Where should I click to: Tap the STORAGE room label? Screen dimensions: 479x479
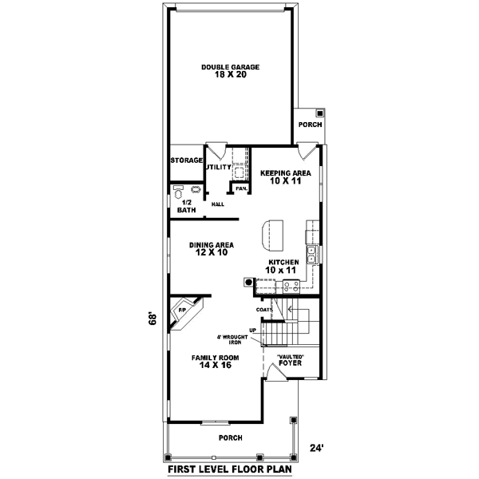(187, 160)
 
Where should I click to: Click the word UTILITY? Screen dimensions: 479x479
(218, 168)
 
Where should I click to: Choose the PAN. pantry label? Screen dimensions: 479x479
(239, 188)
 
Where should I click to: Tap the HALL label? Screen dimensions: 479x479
(217, 204)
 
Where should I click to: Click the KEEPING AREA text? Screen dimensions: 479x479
(279, 172)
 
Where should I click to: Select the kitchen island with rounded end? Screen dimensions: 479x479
(271, 234)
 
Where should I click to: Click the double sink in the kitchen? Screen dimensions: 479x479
(313, 255)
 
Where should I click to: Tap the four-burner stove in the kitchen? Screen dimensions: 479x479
(313, 232)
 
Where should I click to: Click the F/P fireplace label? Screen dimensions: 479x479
(183, 310)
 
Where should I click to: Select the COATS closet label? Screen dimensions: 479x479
(264, 309)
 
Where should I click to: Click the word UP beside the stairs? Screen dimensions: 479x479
(253, 329)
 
